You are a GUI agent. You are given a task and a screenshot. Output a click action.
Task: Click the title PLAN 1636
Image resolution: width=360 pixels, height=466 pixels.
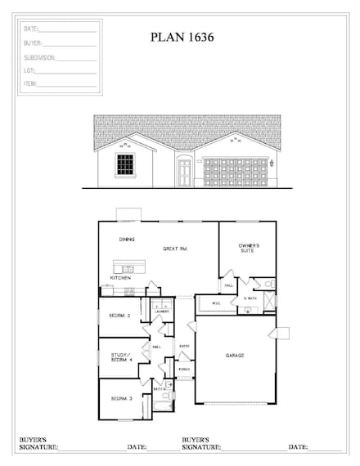click(182, 38)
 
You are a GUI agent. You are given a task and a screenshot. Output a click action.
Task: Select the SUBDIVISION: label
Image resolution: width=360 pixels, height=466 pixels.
click(39, 57)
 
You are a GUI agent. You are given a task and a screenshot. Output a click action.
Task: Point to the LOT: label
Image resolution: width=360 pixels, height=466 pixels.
click(29, 70)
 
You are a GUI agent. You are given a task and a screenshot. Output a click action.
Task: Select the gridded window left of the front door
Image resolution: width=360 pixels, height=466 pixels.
click(124, 164)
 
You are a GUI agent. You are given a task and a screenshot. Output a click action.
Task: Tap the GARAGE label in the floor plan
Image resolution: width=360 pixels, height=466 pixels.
click(236, 356)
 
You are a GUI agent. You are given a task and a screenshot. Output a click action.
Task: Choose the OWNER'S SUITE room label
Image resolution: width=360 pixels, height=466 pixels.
click(249, 249)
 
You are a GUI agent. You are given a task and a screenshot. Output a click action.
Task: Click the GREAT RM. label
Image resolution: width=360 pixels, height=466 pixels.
click(176, 249)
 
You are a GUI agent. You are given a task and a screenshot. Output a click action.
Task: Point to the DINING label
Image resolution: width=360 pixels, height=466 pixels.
click(127, 240)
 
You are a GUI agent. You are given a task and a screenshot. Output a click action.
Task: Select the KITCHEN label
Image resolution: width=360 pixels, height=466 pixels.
click(120, 278)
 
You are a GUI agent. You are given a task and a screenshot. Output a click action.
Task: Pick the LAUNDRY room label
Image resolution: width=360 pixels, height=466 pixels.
click(161, 311)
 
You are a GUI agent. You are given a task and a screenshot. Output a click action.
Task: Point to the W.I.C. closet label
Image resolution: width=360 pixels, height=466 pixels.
click(215, 303)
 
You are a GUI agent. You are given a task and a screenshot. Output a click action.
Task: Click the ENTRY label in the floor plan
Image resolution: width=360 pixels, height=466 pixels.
click(185, 346)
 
